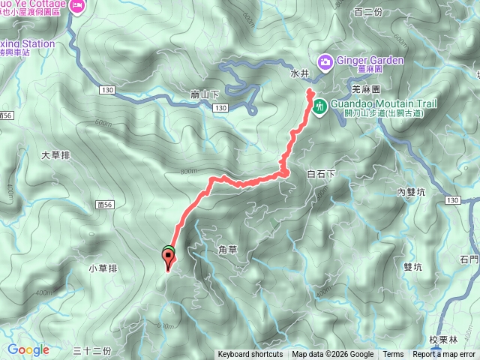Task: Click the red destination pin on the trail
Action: (x=168, y=259)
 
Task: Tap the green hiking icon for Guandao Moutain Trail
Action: (x=319, y=106)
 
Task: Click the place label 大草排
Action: (x=55, y=156)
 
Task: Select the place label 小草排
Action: (x=103, y=268)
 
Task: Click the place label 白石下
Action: (x=322, y=174)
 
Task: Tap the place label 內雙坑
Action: (x=412, y=192)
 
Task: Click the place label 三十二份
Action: (x=93, y=350)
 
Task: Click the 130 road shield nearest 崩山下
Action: (x=219, y=109)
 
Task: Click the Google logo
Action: (x=28, y=349)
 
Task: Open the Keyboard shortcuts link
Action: (x=250, y=355)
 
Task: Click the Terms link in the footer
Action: (x=393, y=355)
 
